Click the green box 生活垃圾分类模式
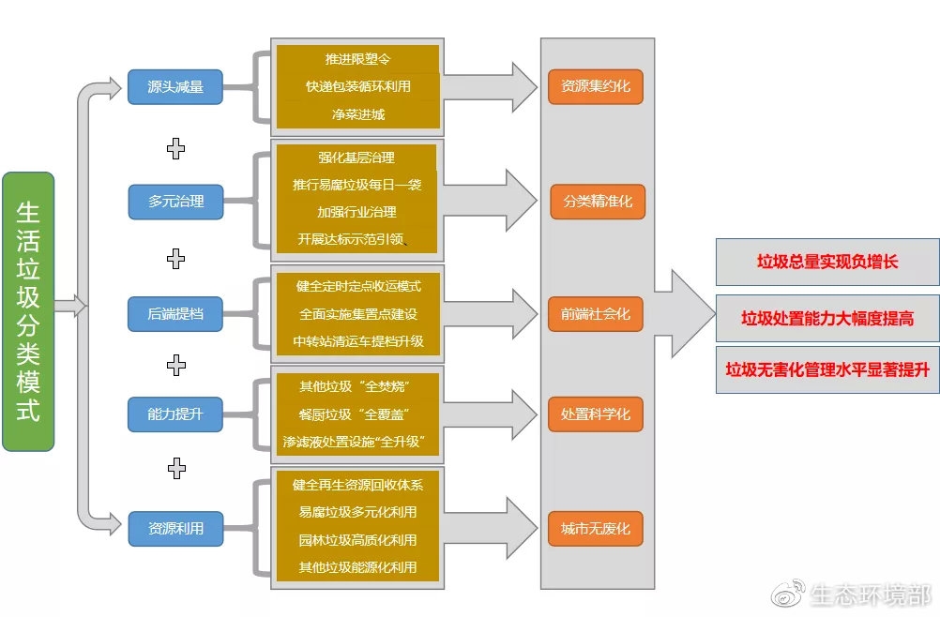point(28,311)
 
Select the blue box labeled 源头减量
point(175,86)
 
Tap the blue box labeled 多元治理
point(175,201)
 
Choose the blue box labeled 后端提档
point(175,313)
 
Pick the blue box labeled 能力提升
point(175,414)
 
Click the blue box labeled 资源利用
point(175,528)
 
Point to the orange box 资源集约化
point(596,86)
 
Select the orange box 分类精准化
point(598,201)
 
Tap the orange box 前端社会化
point(596,313)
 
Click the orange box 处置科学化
point(596,414)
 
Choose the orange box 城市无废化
point(596,528)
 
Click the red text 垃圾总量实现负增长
point(827,262)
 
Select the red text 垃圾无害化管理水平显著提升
point(827,369)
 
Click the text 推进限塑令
point(357,59)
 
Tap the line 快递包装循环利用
point(357,86)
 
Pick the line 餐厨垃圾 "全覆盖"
point(357,414)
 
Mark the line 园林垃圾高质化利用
point(357,540)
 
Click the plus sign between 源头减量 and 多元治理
point(175,147)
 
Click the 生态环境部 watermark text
point(870,594)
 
